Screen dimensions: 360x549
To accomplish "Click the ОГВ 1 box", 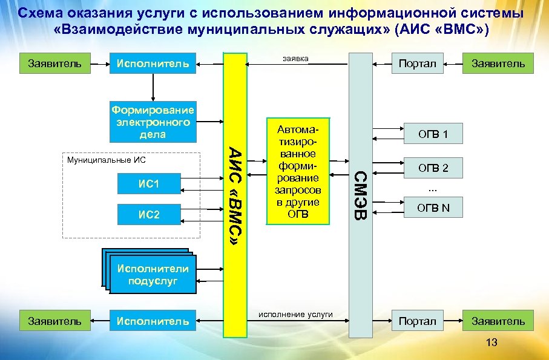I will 433,134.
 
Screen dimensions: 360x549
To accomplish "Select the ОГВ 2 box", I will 433,168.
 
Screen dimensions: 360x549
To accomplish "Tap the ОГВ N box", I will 433,208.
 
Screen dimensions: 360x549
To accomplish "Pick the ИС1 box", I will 148,183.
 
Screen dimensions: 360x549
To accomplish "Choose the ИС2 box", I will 148,214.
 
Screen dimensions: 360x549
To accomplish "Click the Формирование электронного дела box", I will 153,122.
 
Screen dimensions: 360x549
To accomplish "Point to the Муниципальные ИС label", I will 107,160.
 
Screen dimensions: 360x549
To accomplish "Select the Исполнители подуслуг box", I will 153,275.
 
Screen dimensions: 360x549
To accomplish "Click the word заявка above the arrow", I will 295,59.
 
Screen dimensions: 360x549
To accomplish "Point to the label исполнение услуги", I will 296,314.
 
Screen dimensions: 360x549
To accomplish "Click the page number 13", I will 491,343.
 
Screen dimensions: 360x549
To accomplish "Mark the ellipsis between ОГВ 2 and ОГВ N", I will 433,188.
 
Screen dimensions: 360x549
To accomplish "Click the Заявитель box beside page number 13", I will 498,321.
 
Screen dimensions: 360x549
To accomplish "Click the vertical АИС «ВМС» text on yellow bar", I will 236,194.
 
